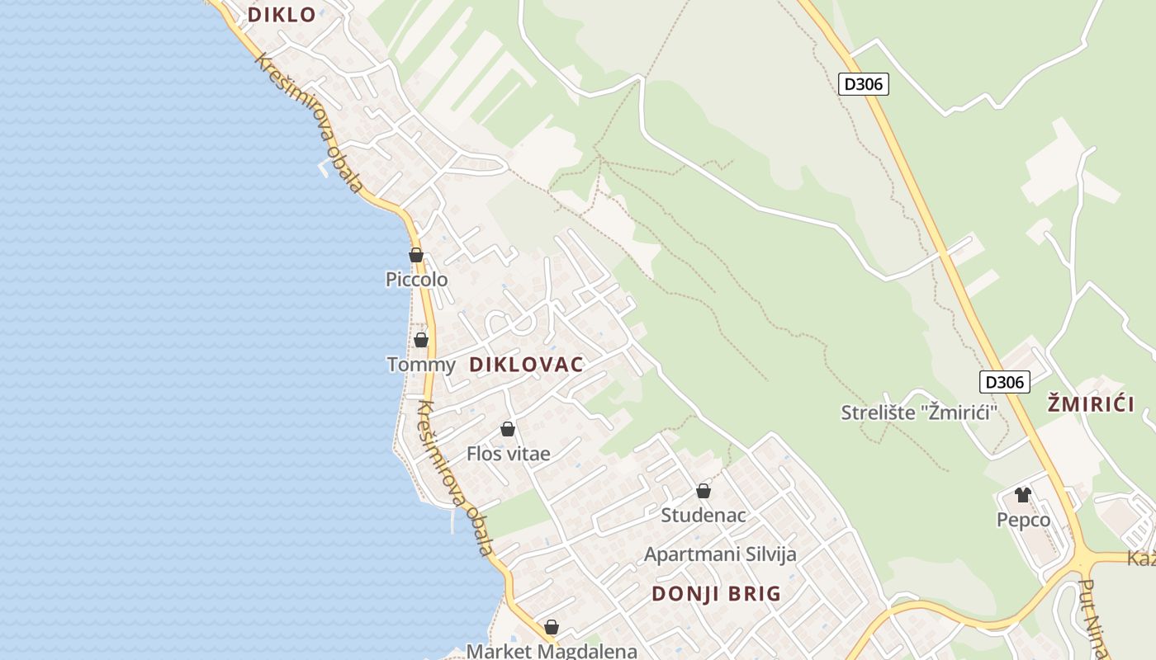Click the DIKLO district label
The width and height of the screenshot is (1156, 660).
click(282, 14)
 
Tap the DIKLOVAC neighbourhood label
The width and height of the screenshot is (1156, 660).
click(526, 364)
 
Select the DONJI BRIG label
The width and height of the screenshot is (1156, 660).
click(716, 593)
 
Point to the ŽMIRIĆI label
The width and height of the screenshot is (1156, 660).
click(1091, 403)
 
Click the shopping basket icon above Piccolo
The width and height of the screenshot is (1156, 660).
click(416, 255)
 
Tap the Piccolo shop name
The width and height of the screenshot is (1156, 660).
click(417, 280)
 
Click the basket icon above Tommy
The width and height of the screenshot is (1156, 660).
click(421, 340)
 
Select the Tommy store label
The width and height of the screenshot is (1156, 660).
click(421, 365)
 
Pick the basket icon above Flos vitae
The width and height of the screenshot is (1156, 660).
click(508, 429)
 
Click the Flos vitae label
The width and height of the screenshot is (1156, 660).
click(508, 454)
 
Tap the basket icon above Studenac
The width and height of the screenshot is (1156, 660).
click(704, 491)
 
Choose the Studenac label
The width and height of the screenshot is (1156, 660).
click(704, 516)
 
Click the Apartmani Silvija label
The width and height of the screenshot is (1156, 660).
click(720, 554)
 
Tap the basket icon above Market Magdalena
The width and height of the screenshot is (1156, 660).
click(552, 627)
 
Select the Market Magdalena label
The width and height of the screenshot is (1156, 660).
click(552, 651)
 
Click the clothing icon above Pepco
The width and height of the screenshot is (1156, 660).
click(1023, 495)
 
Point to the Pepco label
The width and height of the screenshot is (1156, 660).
click(1023, 520)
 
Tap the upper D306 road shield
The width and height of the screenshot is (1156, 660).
click(864, 83)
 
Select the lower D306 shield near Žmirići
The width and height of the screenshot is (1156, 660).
click(1005, 382)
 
